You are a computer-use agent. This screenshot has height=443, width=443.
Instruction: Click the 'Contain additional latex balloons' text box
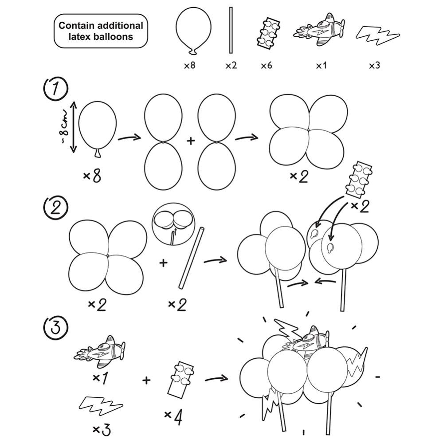point(101,31)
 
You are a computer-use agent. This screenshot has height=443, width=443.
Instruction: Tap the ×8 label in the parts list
point(190,66)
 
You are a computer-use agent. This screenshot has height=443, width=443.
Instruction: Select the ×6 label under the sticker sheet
point(266,66)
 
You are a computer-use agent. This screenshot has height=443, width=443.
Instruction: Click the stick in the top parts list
point(231,30)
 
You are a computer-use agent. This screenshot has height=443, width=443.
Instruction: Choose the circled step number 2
point(55,208)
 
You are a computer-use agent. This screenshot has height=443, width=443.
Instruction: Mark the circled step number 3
point(55,327)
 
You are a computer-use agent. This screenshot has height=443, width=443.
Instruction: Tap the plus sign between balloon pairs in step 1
point(191,141)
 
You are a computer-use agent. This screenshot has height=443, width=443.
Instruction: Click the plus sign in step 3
point(146,380)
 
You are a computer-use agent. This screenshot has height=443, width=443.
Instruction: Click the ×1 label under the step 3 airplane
point(101,378)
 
